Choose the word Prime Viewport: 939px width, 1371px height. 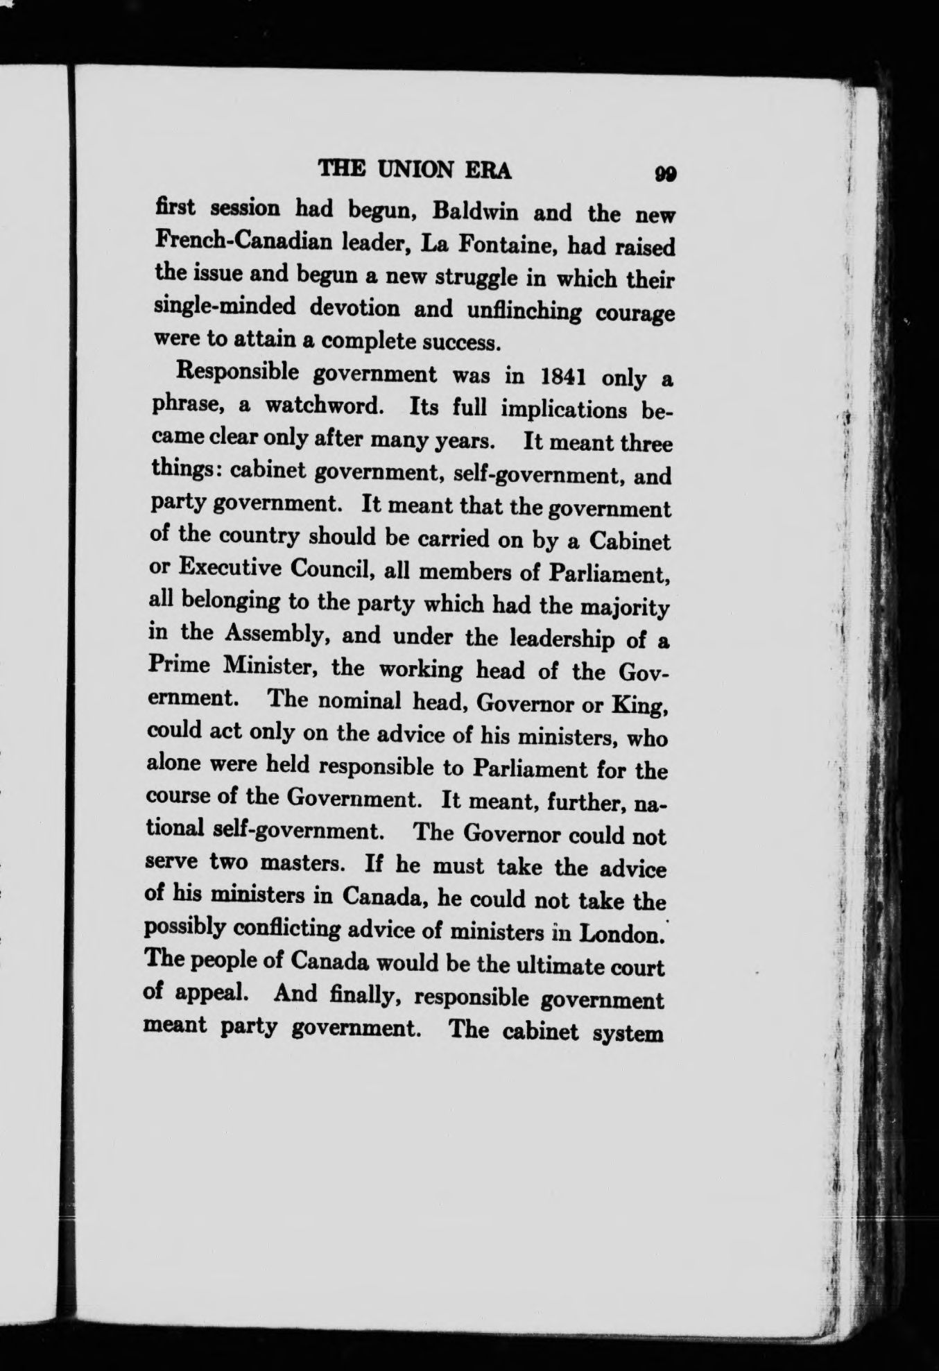tap(179, 664)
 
